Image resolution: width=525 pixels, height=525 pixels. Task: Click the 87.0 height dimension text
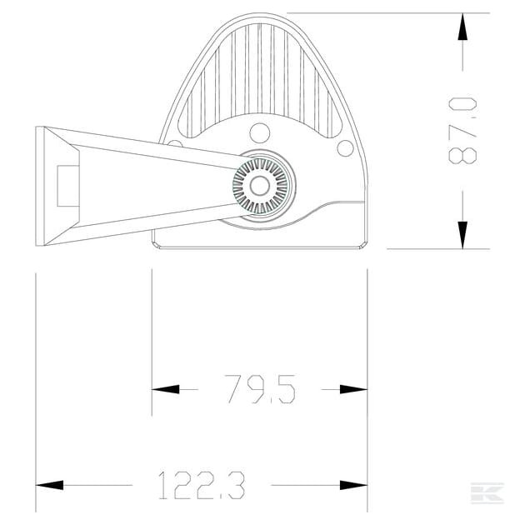[x=463, y=131]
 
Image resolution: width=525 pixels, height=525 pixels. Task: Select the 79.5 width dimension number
[x=260, y=389]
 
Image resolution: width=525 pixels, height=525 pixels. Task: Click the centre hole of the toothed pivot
[x=260, y=186]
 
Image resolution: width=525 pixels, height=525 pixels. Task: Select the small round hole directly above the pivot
[x=260, y=132]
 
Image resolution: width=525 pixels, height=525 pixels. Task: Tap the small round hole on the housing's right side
[x=344, y=148]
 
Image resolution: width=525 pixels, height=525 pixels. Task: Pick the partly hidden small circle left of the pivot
[x=174, y=143]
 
